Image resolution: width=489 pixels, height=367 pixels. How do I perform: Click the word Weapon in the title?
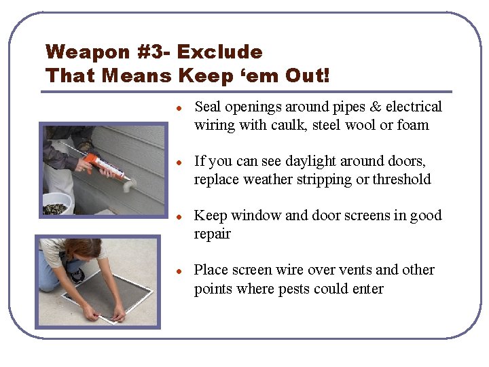[88, 52]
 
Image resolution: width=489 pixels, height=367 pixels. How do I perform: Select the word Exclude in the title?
[220, 52]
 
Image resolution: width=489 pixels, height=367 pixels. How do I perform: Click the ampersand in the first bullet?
[376, 107]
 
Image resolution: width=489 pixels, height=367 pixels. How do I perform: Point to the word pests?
[294, 290]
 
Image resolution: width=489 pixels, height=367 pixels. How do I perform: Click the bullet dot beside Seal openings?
[179, 109]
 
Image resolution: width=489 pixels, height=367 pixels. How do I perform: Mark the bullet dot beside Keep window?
[179, 217]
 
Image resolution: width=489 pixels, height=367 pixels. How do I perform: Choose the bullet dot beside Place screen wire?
[179, 271]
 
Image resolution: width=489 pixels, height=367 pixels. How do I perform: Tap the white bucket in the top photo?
[57, 203]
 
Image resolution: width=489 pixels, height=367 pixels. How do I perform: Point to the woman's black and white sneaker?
[77, 275]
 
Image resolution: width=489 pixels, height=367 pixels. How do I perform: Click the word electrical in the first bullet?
[414, 107]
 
